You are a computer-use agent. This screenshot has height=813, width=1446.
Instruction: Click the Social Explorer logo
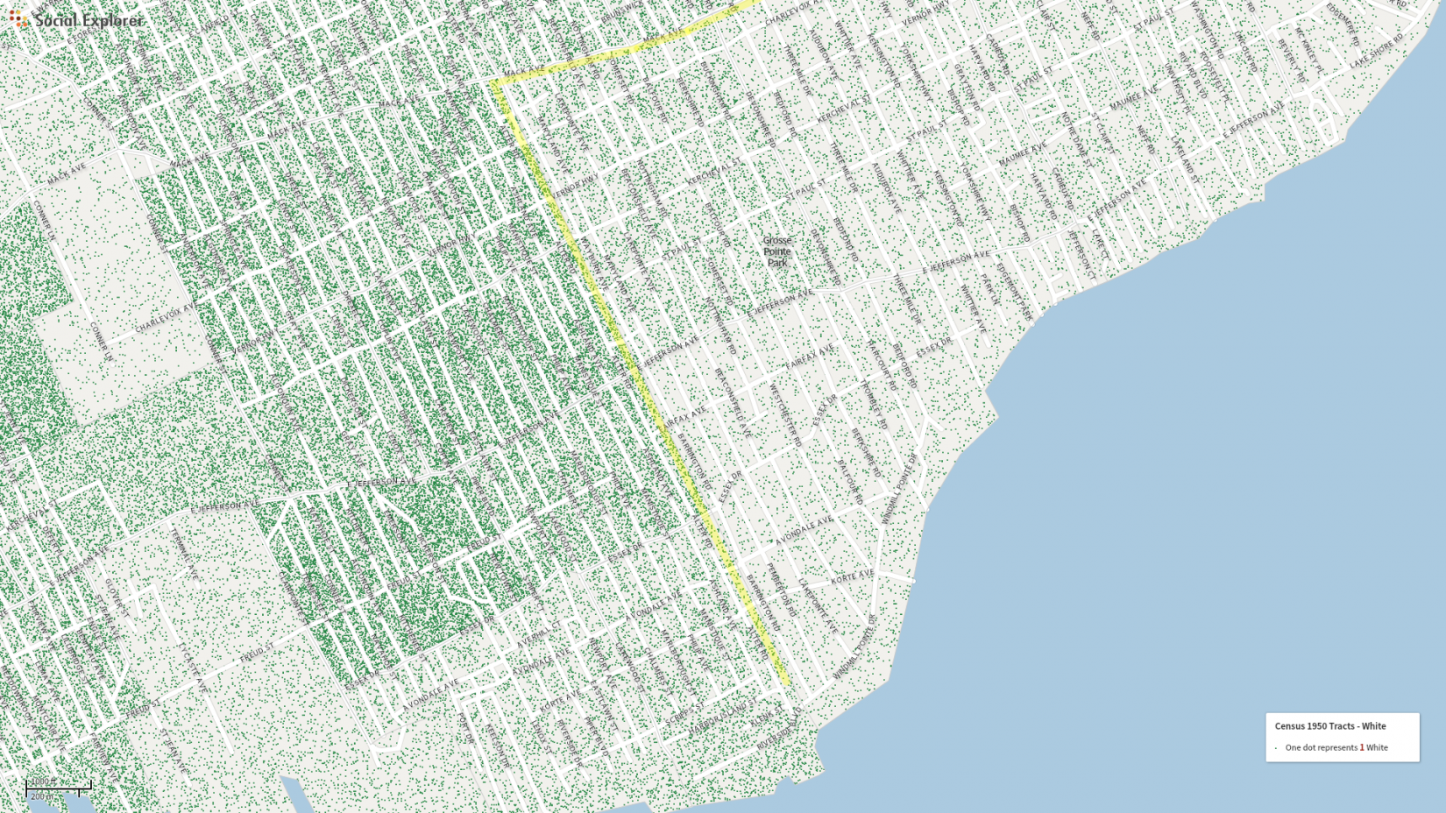tap(77, 19)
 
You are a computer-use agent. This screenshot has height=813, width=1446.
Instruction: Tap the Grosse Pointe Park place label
tap(776, 251)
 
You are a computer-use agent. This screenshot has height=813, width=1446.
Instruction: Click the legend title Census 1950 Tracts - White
tap(1329, 726)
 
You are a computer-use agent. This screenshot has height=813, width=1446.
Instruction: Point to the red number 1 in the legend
tap(1361, 747)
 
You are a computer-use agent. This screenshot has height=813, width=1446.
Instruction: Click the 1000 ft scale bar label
tap(44, 781)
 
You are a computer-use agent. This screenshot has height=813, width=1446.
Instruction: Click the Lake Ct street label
tap(1099, 244)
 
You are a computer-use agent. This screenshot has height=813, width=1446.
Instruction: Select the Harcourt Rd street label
tap(880, 364)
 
